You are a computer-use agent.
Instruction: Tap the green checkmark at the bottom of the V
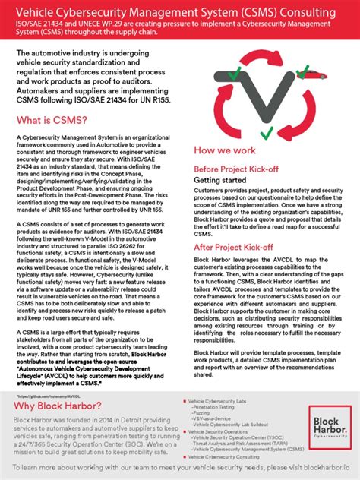[x=266, y=133]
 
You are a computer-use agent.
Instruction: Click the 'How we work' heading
[x=227, y=150]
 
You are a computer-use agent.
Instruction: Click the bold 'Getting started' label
[x=221, y=180]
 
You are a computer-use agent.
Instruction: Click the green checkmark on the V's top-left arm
[x=236, y=74]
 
